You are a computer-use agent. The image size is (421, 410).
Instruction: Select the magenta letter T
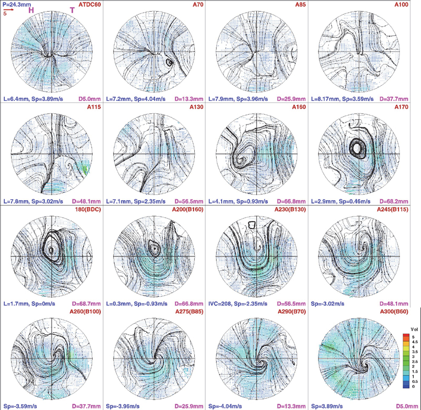[x=72, y=10]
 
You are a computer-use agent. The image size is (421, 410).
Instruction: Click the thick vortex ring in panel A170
[x=358, y=149]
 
